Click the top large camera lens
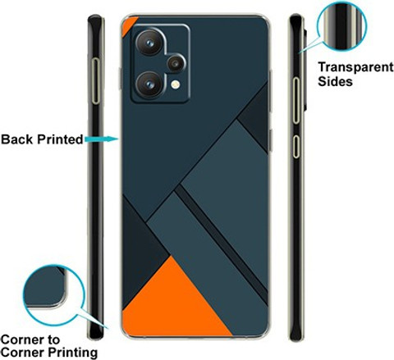point(149,43)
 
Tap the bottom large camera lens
point(149,84)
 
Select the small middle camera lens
point(176,63)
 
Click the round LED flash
point(176,84)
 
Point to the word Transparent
point(355,67)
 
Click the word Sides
point(335,81)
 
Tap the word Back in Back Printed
point(17,139)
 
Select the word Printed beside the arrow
point(60,139)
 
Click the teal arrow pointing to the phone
point(101,139)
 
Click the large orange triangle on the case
point(175,301)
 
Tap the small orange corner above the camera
point(127,25)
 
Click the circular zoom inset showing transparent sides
point(341,26)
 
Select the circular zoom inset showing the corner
point(53,295)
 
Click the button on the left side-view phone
point(95,81)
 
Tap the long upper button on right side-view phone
point(296,101)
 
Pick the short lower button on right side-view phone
point(296,147)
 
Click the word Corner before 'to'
point(22,339)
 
